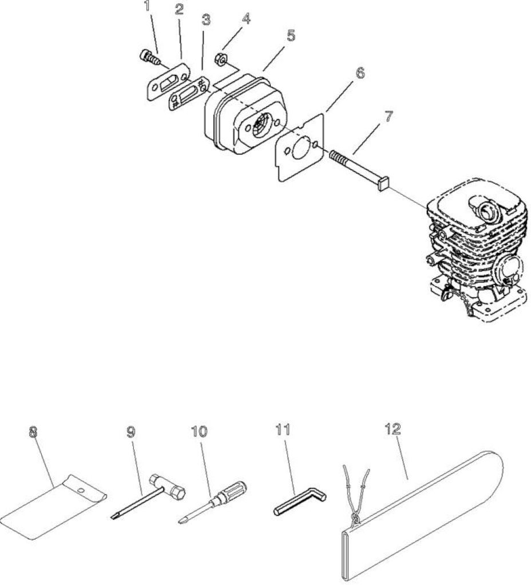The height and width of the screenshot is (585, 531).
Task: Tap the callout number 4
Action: click(x=246, y=19)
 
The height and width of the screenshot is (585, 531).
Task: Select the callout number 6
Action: click(x=359, y=73)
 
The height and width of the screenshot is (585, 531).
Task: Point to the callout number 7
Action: click(x=389, y=117)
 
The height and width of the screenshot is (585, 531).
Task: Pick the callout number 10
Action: click(x=199, y=432)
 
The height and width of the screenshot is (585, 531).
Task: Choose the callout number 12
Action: click(x=393, y=428)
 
